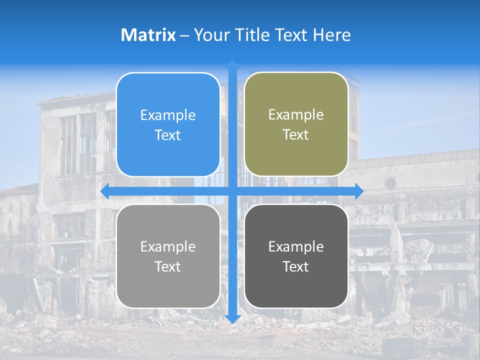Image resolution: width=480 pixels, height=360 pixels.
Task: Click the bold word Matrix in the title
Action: (x=148, y=35)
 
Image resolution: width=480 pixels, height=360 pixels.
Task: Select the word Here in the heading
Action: (x=331, y=35)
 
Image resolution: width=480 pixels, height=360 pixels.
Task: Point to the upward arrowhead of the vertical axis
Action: (x=232, y=64)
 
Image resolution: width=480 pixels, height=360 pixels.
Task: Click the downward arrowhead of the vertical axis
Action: (x=232, y=319)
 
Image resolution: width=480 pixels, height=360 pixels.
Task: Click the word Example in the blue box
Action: (x=168, y=115)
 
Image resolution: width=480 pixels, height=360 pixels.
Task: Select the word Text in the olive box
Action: (x=296, y=135)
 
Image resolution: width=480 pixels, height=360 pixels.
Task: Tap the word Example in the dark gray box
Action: (x=296, y=246)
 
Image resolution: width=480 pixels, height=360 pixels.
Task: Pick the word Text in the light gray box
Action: (x=168, y=266)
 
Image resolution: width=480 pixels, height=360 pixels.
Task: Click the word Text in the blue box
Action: (x=168, y=135)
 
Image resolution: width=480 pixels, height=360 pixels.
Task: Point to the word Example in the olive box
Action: (x=296, y=115)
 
